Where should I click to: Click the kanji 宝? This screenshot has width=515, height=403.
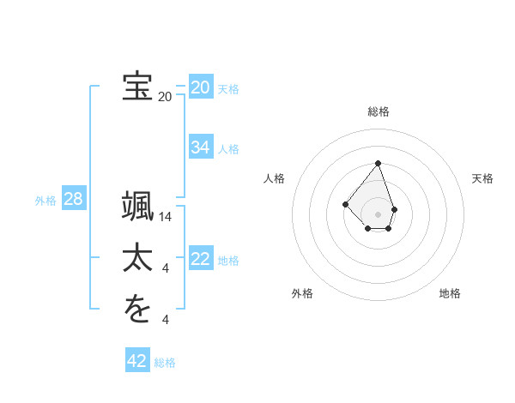coord(137,86)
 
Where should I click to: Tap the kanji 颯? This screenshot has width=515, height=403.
coord(137,208)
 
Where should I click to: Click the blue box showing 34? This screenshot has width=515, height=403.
coord(200,147)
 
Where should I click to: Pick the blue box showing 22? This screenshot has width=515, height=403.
coord(200,259)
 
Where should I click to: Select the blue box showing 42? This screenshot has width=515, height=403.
coord(136,361)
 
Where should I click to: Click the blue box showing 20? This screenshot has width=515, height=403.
coord(200,87)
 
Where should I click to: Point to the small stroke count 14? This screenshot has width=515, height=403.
coord(166,218)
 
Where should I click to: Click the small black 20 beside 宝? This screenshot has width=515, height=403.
coord(165,97)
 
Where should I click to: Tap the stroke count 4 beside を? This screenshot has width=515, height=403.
coord(166,320)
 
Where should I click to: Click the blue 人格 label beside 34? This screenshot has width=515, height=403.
coord(228,149)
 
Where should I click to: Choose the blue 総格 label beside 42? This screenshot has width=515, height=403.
coord(165,363)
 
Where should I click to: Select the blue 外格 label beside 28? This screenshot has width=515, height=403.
coord(45,201)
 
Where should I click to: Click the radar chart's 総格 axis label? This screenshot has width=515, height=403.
coord(378,111)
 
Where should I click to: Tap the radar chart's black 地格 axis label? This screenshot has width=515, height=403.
coord(450,293)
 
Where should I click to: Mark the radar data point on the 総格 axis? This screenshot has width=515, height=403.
coord(378,163)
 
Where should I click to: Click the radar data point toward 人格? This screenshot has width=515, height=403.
coord(345,204)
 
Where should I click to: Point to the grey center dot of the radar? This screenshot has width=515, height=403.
coord(378,214)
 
